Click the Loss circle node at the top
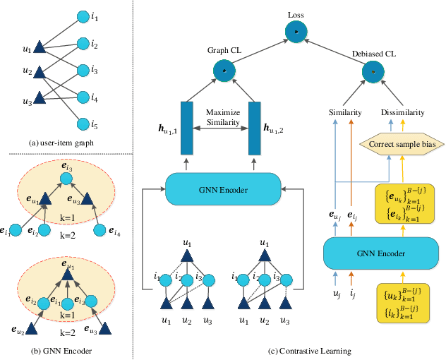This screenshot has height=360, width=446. click(296, 32)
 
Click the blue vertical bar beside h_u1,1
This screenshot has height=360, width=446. click(187, 128)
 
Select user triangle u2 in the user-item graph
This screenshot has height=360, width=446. click(40, 72)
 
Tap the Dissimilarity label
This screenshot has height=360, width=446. click(403, 112)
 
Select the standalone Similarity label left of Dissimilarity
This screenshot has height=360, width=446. click(346, 112)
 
